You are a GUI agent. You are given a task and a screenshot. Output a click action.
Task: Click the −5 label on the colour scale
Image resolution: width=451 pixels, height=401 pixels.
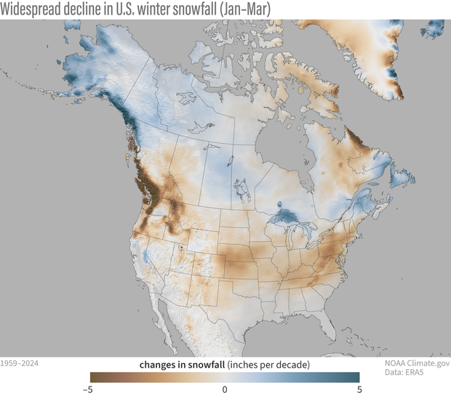click(x=87, y=389)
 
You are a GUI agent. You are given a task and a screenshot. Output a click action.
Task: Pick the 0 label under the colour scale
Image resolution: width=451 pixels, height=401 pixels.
click(x=225, y=389)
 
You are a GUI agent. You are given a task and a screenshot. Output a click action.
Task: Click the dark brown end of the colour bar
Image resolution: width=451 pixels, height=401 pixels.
click(x=95, y=377)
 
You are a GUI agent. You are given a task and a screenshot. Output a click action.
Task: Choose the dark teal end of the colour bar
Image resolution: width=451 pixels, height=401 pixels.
click(x=355, y=377)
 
